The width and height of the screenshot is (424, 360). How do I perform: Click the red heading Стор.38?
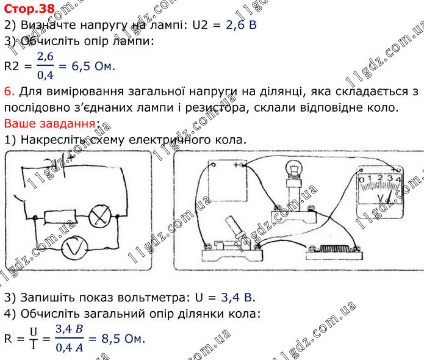[29, 9]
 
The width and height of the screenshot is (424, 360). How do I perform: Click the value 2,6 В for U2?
[241, 25]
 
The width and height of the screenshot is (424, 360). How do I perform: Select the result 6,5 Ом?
[93, 67]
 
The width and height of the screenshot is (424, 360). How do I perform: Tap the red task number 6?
[10, 92]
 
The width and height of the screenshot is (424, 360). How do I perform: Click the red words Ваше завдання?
[50, 124]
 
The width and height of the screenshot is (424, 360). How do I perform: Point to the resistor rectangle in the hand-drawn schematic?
[60, 217]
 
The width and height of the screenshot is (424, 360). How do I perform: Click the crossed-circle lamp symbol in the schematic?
[100, 216]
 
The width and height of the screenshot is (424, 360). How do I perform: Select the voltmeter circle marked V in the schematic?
[74, 248]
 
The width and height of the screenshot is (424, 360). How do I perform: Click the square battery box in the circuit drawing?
[228, 181]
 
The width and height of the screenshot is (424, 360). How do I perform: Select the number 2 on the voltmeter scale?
[380, 178]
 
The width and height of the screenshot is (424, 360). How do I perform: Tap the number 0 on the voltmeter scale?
[362, 179]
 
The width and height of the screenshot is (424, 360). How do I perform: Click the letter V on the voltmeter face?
[381, 198]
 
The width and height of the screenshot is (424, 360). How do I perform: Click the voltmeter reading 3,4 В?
[238, 298]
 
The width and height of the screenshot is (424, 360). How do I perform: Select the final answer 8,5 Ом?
[123, 339]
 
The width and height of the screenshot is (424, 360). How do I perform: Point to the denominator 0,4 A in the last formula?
[69, 348]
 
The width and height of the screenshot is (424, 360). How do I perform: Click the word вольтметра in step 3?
[153, 298]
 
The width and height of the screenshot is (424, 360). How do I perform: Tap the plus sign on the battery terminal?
[236, 165]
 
